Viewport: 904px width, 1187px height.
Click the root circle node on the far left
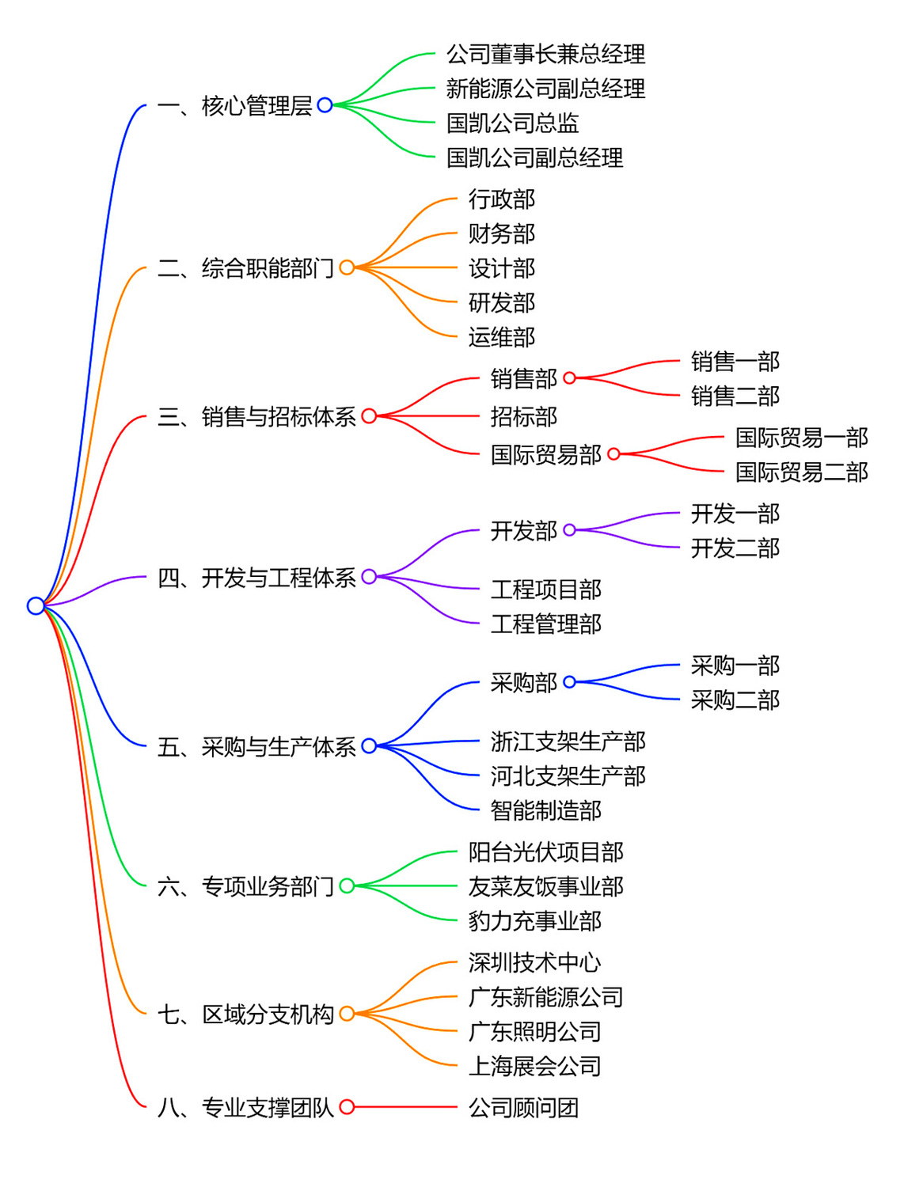coord(36,605)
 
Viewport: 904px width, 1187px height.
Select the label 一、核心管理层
coord(234,105)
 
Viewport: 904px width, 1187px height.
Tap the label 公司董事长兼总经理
coord(545,54)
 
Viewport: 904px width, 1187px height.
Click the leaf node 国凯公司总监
coord(512,123)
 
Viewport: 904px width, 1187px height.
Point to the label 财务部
coord(501,233)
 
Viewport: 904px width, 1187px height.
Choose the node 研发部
coord(501,302)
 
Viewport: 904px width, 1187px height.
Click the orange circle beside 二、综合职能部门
coord(347,267)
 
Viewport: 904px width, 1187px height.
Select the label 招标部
coord(523,416)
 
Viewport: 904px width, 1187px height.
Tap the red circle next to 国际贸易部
coord(613,454)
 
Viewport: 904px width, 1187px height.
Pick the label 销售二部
coord(735,396)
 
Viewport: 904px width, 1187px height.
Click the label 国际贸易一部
coord(801,438)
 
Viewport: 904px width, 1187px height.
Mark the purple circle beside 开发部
coord(569,530)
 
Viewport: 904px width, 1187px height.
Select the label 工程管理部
coord(545,624)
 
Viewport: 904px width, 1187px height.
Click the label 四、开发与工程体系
coord(256,578)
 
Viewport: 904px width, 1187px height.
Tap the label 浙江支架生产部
coord(568,741)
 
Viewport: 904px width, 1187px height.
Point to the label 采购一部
coord(735,666)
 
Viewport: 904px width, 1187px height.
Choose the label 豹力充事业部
coord(534,921)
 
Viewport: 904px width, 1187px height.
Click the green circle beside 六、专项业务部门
coord(347,886)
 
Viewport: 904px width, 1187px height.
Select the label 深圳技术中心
coord(534,962)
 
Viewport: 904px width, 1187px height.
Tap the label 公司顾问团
coord(523,1107)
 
